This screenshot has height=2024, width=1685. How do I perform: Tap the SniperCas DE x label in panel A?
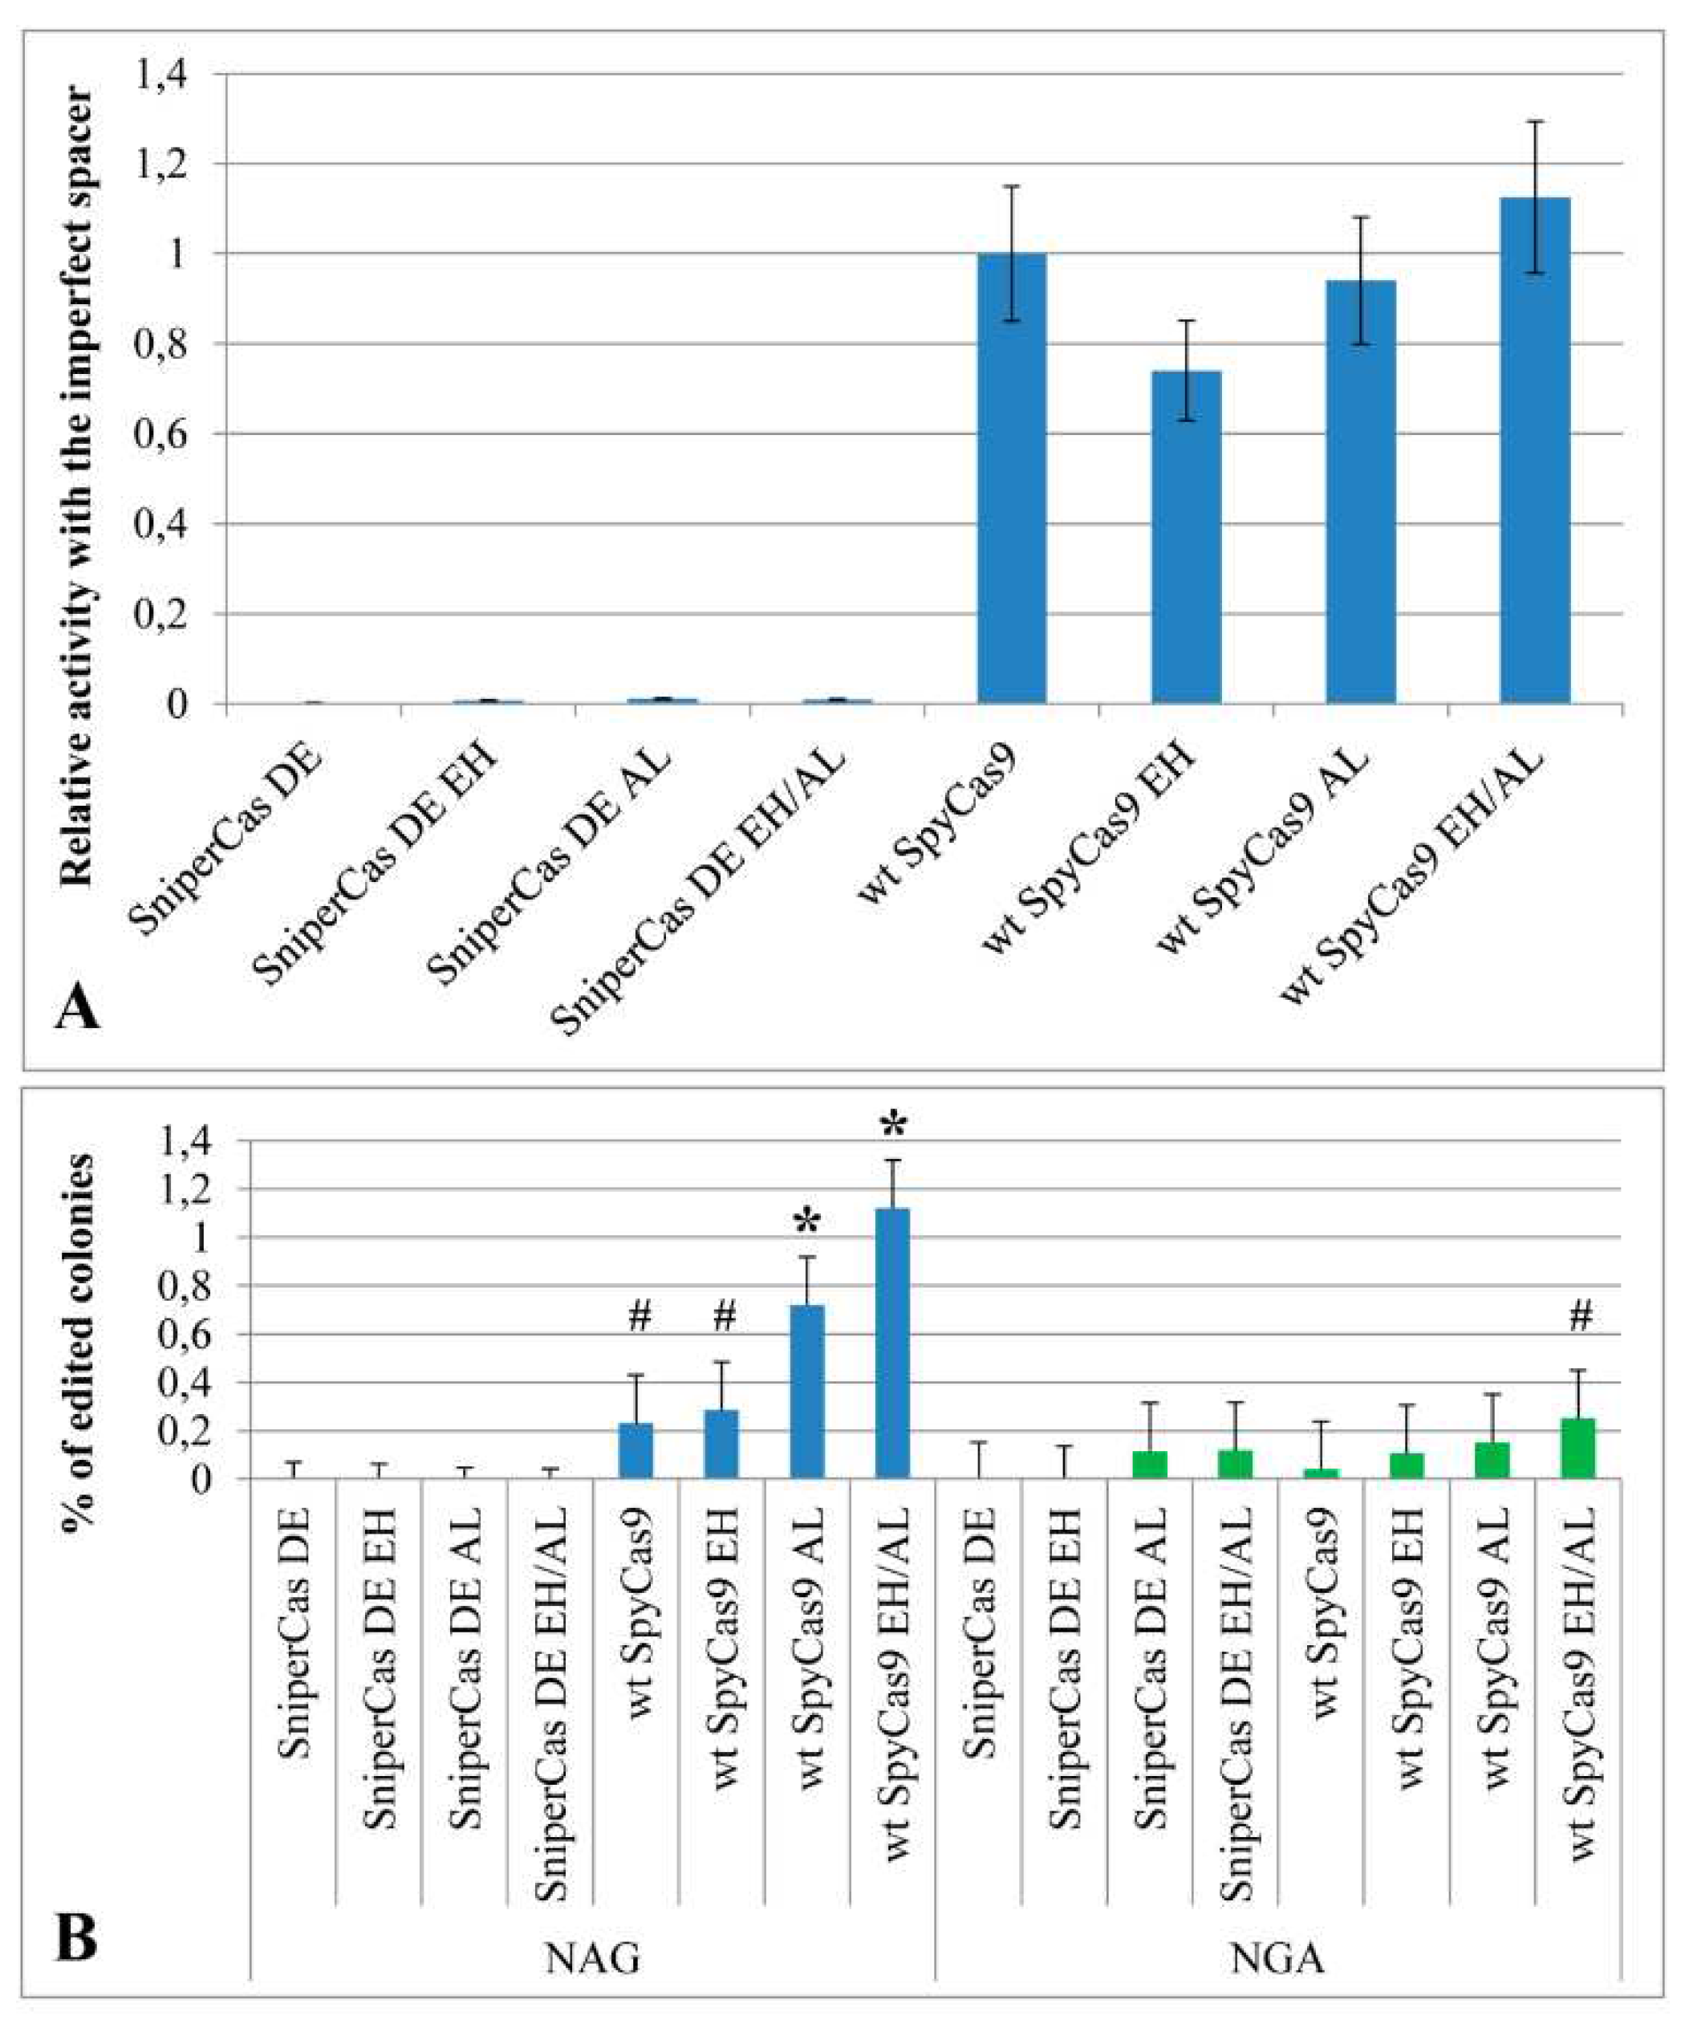pos(231,839)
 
